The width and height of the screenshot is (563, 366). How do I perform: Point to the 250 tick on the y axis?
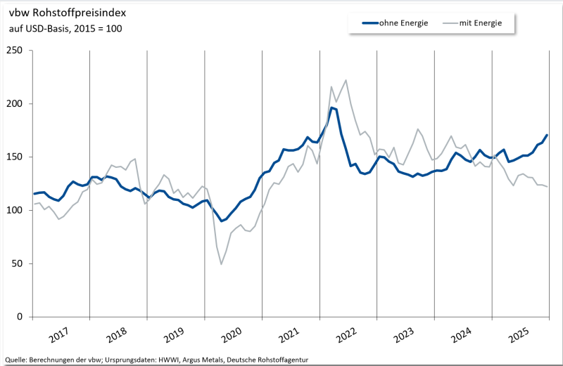(15, 51)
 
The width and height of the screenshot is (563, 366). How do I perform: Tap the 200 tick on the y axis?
(15, 104)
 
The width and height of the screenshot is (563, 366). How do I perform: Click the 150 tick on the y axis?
(15, 157)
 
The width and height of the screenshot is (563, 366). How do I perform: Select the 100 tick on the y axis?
(15, 211)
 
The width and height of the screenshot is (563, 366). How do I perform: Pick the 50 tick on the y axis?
(18, 264)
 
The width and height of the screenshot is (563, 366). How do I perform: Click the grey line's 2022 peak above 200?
(346, 80)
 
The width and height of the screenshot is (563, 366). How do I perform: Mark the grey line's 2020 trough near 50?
(222, 264)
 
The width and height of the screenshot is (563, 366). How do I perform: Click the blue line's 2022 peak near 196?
(332, 107)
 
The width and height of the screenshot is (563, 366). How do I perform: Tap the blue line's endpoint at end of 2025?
(548, 135)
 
